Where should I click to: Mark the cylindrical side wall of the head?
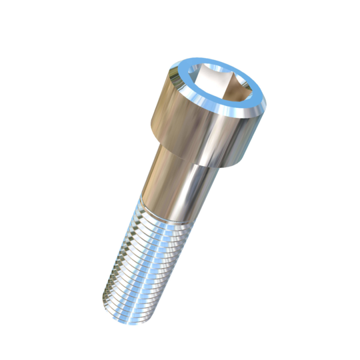tap(200, 130)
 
